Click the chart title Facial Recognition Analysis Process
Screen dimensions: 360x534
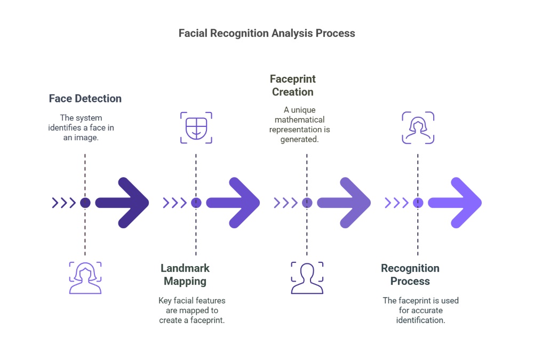click(267, 33)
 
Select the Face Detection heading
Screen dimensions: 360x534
click(85, 99)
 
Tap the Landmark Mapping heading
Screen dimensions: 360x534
click(185, 275)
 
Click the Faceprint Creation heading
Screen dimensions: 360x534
click(293, 85)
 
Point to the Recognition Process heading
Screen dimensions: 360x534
click(410, 275)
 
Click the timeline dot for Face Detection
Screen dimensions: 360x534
click(85, 203)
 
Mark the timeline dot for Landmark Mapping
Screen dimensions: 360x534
click(196, 203)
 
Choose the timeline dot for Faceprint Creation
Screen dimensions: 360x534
click(307, 203)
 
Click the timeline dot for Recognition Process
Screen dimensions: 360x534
click(418, 203)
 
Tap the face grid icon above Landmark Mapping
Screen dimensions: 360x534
click(196, 128)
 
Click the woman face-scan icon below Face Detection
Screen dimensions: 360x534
click(85, 277)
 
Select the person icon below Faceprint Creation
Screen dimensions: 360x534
click(307, 277)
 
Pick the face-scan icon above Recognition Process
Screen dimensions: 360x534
click(418, 128)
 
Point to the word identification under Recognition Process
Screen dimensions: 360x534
click(420, 320)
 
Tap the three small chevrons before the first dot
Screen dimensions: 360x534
click(63, 203)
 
